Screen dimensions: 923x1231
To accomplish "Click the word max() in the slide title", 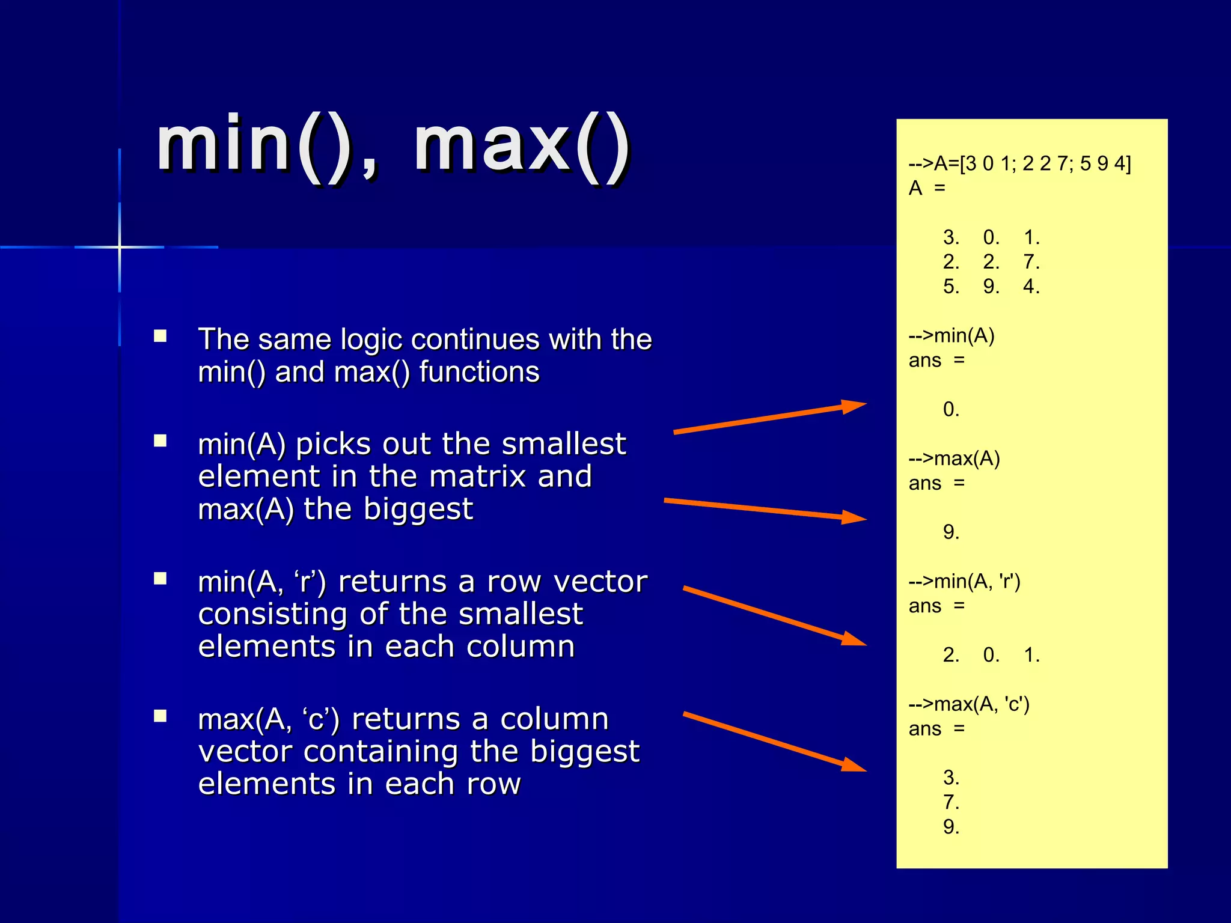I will pyautogui.click(x=522, y=145).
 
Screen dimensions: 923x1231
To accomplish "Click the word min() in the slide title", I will pyautogui.click(x=255, y=145).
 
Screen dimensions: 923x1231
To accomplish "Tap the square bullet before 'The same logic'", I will pyautogui.click(x=160, y=336).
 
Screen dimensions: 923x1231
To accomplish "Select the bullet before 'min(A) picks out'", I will pyautogui.click(x=160, y=441).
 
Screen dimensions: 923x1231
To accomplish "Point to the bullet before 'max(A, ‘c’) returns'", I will pyautogui.click(x=160, y=716).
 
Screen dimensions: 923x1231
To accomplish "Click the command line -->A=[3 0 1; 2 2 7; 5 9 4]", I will pyautogui.click(x=1019, y=163).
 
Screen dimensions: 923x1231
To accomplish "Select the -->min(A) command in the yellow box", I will pyautogui.click(x=952, y=335).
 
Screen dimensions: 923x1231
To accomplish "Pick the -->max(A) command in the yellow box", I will pyautogui.click(x=954, y=458).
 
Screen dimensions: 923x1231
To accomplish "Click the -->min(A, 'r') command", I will pyautogui.click(x=964, y=581).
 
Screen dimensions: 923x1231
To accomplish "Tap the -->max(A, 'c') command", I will pyautogui.click(x=969, y=704).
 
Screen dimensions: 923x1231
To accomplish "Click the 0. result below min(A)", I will pyautogui.click(x=951, y=409).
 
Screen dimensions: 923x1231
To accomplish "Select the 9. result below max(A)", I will pyautogui.click(x=951, y=532).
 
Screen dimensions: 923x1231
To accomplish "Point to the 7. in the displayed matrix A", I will pyautogui.click(x=1031, y=262).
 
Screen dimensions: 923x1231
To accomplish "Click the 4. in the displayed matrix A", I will pyautogui.click(x=1031, y=287).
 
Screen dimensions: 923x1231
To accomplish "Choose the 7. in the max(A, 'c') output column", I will pyautogui.click(x=951, y=802).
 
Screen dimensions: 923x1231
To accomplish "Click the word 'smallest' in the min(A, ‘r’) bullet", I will pyautogui.click(x=521, y=614).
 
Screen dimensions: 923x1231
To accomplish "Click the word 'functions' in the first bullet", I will pyautogui.click(x=479, y=372).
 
